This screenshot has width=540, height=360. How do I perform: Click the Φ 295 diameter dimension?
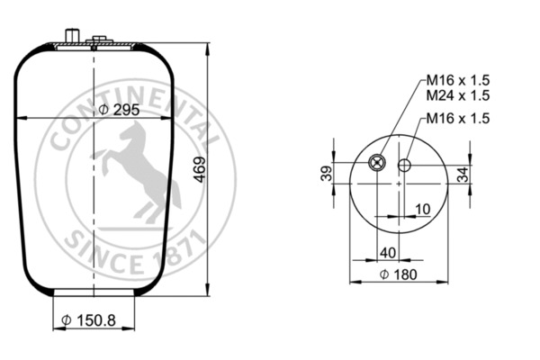(x=119, y=110)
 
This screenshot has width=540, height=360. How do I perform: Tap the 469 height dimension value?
(x=200, y=169)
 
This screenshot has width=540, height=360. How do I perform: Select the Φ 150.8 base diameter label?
(x=88, y=320)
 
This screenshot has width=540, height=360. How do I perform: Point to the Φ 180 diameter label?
(x=398, y=274)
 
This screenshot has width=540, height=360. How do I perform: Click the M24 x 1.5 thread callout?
(x=458, y=95)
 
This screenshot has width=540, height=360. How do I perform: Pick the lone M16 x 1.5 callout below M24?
(x=458, y=119)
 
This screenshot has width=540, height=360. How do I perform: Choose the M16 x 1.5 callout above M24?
(x=458, y=80)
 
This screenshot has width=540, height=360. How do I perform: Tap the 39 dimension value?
(x=327, y=174)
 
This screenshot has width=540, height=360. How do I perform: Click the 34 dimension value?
(x=463, y=175)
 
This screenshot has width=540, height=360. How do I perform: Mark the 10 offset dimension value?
(x=423, y=209)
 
